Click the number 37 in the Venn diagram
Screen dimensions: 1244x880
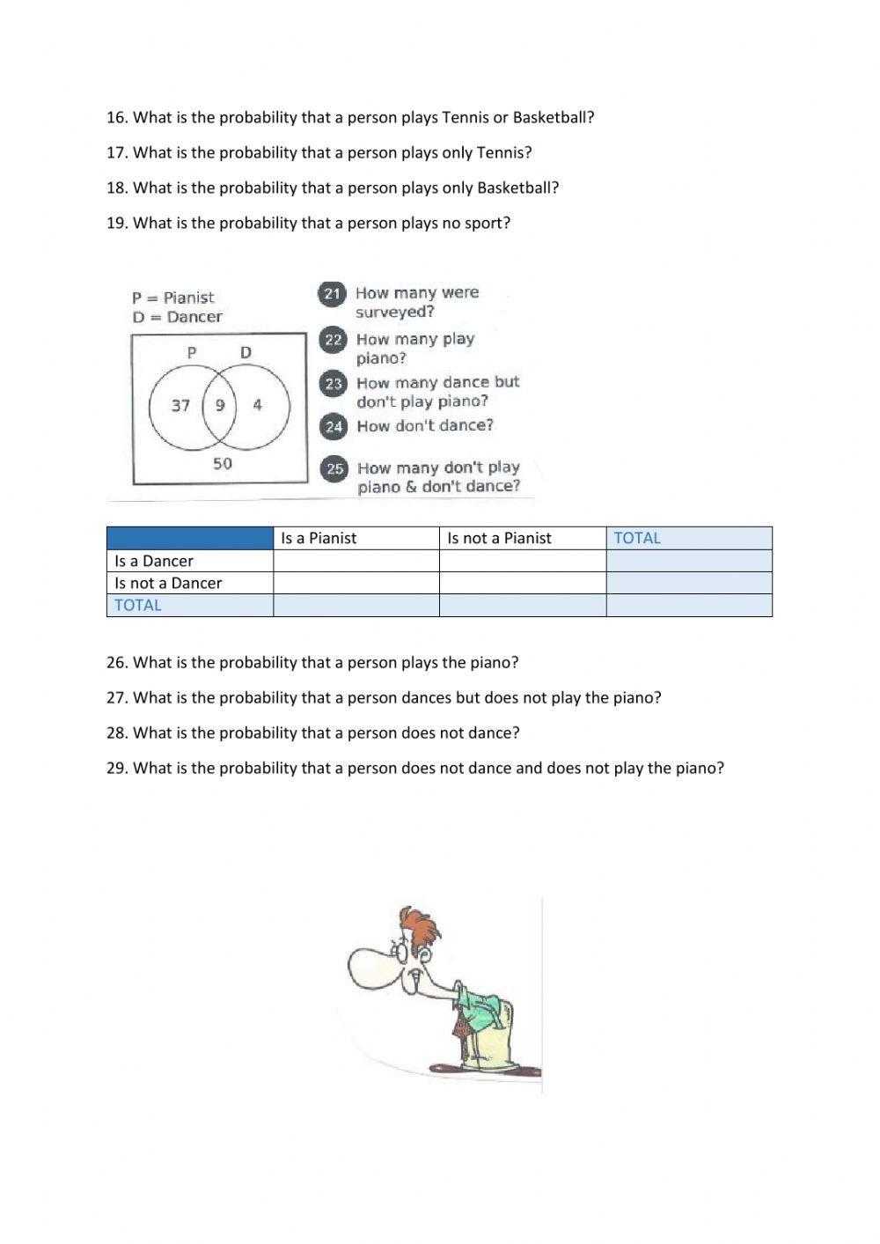(180, 406)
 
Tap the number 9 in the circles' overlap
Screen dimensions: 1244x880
(220, 406)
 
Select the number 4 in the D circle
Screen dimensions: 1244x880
(257, 406)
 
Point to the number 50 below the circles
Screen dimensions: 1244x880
(223, 463)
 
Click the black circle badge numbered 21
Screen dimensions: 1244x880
(332, 294)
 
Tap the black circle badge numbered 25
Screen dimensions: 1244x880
(335, 468)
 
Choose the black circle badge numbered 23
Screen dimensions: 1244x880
(334, 384)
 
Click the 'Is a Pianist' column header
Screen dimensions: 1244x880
(319, 538)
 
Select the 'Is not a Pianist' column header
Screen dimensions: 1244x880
(499, 538)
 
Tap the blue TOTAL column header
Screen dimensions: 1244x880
(637, 538)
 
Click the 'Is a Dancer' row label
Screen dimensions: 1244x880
(154, 561)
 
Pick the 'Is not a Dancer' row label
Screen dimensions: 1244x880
(168, 583)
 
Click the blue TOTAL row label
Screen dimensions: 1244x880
(138, 605)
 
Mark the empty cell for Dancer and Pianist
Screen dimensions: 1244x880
(356, 561)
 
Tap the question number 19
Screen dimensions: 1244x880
(116, 223)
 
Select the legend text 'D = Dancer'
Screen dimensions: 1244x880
(177, 317)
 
